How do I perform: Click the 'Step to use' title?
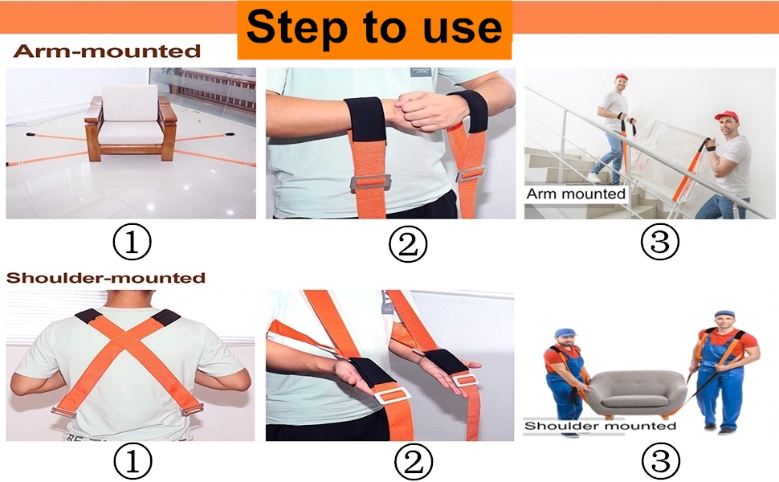374,27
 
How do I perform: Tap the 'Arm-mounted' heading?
107,51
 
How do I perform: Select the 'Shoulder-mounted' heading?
106,277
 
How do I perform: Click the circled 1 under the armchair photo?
132,242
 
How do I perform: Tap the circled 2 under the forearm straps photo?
407,243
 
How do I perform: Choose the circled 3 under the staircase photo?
660,242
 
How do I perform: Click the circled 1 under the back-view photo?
133,461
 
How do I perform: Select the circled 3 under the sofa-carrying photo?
660,461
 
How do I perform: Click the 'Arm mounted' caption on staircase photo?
576,194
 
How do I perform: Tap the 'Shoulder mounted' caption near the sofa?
600,426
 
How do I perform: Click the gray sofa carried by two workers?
636,394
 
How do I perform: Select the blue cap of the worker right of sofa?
724,313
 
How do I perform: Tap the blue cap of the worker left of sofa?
565,332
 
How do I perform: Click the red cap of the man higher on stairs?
622,77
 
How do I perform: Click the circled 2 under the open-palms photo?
414,461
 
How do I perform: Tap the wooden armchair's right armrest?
167,112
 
